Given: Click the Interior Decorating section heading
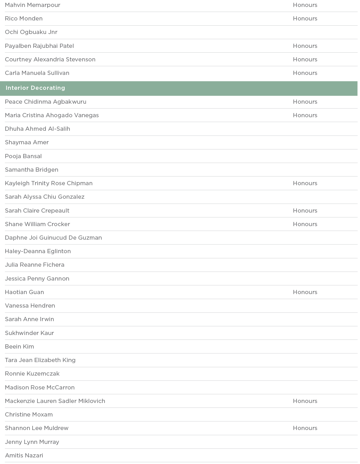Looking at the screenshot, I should click(x=35, y=88).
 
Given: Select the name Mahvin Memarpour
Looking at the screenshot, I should click(x=33, y=5).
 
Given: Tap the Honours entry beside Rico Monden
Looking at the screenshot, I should click(x=305, y=19).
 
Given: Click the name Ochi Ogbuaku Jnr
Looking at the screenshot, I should click(x=31, y=32).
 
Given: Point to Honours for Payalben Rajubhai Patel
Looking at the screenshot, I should click(x=305, y=46).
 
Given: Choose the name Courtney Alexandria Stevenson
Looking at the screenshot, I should click(x=50, y=60).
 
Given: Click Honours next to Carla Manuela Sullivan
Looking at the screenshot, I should click(x=305, y=73).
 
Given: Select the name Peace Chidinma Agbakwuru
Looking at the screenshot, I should click(x=45, y=102).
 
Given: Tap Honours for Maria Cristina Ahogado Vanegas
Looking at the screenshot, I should click(x=305, y=115).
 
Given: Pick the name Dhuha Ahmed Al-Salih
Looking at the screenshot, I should click(x=37, y=129).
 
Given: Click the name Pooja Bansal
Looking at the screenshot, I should click(x=23, y=156).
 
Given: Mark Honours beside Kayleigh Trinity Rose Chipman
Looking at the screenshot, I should click(x=305, y=183).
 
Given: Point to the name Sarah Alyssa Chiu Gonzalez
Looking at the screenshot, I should click(x=44, y=197).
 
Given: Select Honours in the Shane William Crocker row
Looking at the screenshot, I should click(x=305, y=224).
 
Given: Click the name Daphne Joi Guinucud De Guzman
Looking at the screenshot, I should click(x=53, y=238).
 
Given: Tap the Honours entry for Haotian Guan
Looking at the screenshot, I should click(x=305, y=292).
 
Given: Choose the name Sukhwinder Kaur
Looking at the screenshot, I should click(x=30, y=333).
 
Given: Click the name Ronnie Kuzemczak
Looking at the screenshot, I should click(x=32, y=374).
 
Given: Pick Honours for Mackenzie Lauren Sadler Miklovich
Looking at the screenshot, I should click(x=305, y=401).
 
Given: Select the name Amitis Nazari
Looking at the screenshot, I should click(x=24, y=456).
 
